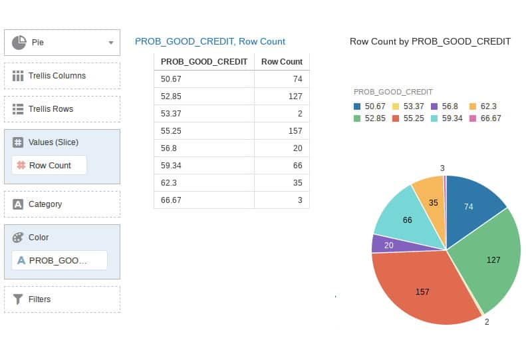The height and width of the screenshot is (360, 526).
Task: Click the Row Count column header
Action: (281, 62)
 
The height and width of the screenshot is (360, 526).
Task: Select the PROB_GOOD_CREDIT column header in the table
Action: (204, 62)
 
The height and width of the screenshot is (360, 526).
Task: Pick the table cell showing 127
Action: (281, 96)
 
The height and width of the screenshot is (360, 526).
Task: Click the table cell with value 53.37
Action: (204, 113)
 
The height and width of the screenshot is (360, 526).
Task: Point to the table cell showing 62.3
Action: (204, 182)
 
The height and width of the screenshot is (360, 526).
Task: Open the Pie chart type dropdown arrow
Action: (111, 43)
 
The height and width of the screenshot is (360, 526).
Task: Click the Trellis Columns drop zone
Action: (62, 76)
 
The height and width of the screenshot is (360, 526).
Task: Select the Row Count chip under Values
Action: (49, 165)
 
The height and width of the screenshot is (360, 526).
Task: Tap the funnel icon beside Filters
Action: (18, 299)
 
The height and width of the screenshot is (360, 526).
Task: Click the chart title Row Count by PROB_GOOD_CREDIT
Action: (430, 41)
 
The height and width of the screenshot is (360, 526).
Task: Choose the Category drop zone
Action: (62, 204)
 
